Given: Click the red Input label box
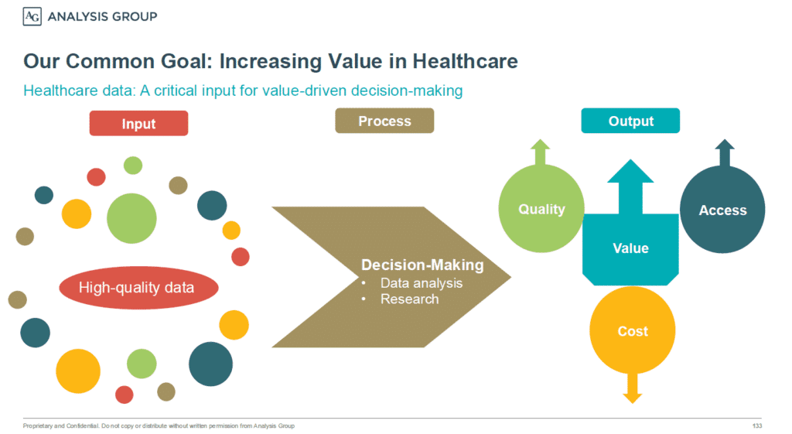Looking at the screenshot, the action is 139,123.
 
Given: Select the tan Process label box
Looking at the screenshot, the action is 384,121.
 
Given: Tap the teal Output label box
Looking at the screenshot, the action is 630,121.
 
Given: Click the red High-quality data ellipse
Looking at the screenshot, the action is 139,288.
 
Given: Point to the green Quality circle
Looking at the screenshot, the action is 541,209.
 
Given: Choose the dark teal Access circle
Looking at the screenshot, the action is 722,210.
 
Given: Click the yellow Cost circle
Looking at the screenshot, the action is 633,330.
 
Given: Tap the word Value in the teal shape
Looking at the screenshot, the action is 630,248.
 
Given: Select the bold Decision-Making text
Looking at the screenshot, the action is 422,265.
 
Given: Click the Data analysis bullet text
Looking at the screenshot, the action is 422,283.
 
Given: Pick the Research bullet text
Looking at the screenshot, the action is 410,299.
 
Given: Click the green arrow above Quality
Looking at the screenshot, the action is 541,152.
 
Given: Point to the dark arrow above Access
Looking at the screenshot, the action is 725,153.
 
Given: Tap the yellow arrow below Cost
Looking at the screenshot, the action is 633,388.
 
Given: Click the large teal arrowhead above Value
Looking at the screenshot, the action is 630,171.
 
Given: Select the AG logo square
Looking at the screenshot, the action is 32,17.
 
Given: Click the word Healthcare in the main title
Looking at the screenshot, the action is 465,61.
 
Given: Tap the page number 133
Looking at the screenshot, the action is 756,426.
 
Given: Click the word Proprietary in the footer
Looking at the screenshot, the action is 37,426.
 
